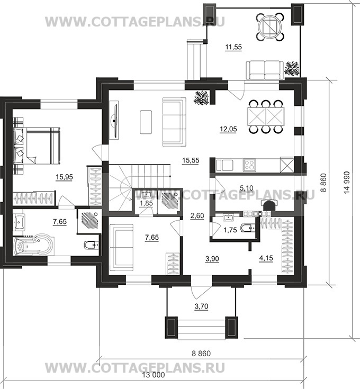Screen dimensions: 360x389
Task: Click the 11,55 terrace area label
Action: (x=233, y=47)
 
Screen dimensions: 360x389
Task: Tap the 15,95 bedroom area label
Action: (x=64, y=177)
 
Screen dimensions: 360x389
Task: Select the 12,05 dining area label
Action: (x=228, y=129)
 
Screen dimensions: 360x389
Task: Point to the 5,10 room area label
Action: (x=246, y=188)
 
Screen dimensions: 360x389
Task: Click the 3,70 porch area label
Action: (x=201, y=306)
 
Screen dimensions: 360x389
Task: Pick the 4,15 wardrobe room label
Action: (x=266, y=258)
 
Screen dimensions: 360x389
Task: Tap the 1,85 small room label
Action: (x=146, y=203)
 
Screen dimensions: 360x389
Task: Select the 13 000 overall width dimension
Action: (x=154, y=375)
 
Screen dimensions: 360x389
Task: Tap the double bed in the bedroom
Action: (x=37, y=146)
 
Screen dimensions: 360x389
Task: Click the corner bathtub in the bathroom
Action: (x=33, y=246)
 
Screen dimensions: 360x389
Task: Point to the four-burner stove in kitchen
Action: (x=249, y=165)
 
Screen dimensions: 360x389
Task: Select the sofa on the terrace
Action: (x=265, y=70)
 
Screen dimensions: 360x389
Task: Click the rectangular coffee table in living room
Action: (x=146, y=122)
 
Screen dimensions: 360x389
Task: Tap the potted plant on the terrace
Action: (x=292, y=68)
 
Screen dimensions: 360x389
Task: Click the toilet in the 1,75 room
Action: (x=249, y=228)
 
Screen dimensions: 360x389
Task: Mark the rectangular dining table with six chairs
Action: (x=266, y=116)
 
